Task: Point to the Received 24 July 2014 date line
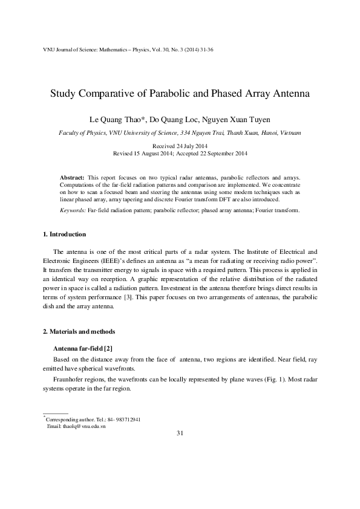tap(180, 146)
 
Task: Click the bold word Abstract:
tap(73, 178)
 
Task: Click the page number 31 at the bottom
tap(180, 433)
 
